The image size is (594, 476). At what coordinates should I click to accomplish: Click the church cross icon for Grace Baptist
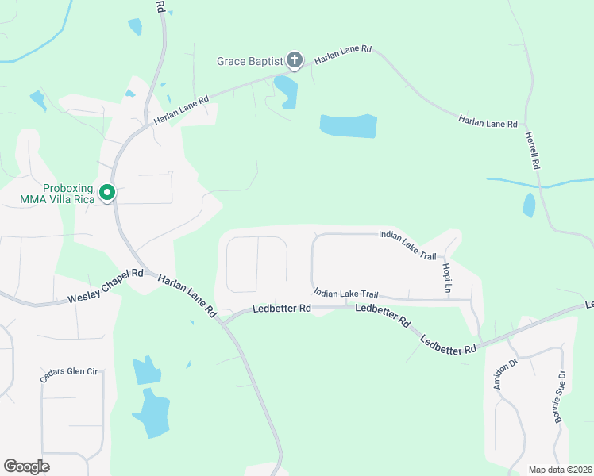coord(295,60)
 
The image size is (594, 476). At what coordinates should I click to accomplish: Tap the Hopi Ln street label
coord(447,275)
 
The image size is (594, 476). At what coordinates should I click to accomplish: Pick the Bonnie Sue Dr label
coord(560,396)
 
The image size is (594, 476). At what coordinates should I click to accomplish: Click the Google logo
coord(26,466)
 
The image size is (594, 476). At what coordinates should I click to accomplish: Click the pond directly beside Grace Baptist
coord(286,90)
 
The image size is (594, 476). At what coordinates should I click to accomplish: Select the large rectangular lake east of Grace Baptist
coord(348,125)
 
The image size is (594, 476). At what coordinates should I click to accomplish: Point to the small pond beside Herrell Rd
coord(529,205)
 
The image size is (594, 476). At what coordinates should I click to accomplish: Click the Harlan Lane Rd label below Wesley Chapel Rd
coord(187,296)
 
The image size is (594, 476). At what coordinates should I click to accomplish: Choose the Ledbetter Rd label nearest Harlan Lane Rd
coord(281,309)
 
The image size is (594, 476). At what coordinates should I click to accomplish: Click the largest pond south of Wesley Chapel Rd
coord(150,413)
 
